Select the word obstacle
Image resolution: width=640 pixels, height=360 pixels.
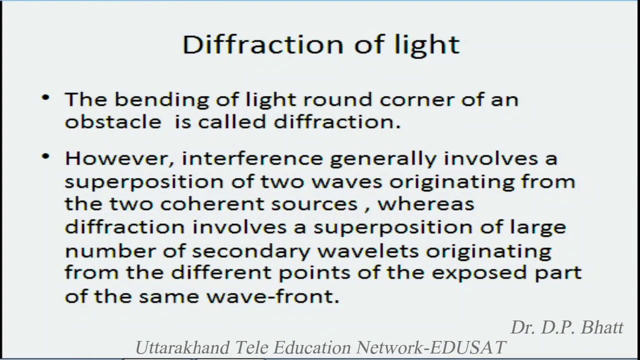[113, 122]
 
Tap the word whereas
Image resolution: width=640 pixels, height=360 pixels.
[425, 204]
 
